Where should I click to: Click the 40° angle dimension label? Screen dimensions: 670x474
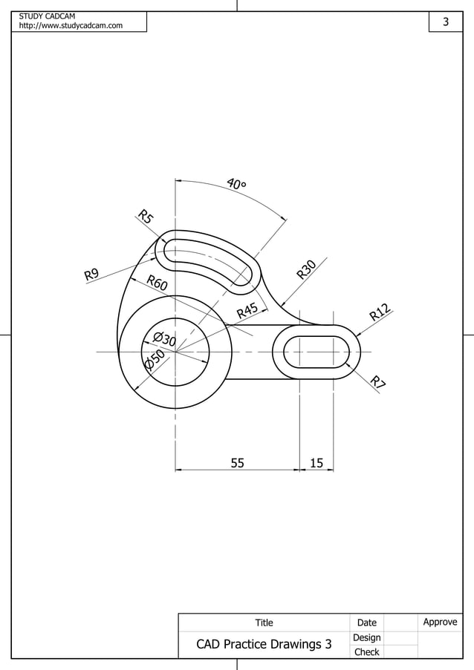[x=237, y=183]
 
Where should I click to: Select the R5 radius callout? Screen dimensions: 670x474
[x=146, y=217]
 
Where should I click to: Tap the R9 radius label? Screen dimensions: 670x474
[x=91, y=275]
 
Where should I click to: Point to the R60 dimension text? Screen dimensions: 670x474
[x=157, y=283]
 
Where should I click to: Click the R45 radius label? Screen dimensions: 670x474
[x=247, y=311]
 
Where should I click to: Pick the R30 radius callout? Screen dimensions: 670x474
[x=307, y=269]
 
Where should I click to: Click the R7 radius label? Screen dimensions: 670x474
[x=379, y=383]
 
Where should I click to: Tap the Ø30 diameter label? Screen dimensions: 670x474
[x=163, y=340]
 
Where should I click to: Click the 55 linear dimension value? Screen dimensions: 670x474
[x=237, y=463]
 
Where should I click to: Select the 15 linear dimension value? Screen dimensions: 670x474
[x=316, y=463]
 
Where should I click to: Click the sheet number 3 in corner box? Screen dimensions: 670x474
[x=446, y=22]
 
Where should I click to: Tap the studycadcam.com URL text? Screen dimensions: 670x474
[x=71, y=27]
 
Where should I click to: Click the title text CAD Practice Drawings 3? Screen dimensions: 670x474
[x=264, y=644]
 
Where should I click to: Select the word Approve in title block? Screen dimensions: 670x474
[x=440, y=622]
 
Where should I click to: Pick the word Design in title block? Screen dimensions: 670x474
[x=366, y=637]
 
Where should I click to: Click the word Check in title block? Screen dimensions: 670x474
[x=366, y=652]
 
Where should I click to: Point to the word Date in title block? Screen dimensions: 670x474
[x=366, y=623]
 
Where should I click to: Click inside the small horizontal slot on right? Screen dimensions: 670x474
[x=316, y=351]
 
